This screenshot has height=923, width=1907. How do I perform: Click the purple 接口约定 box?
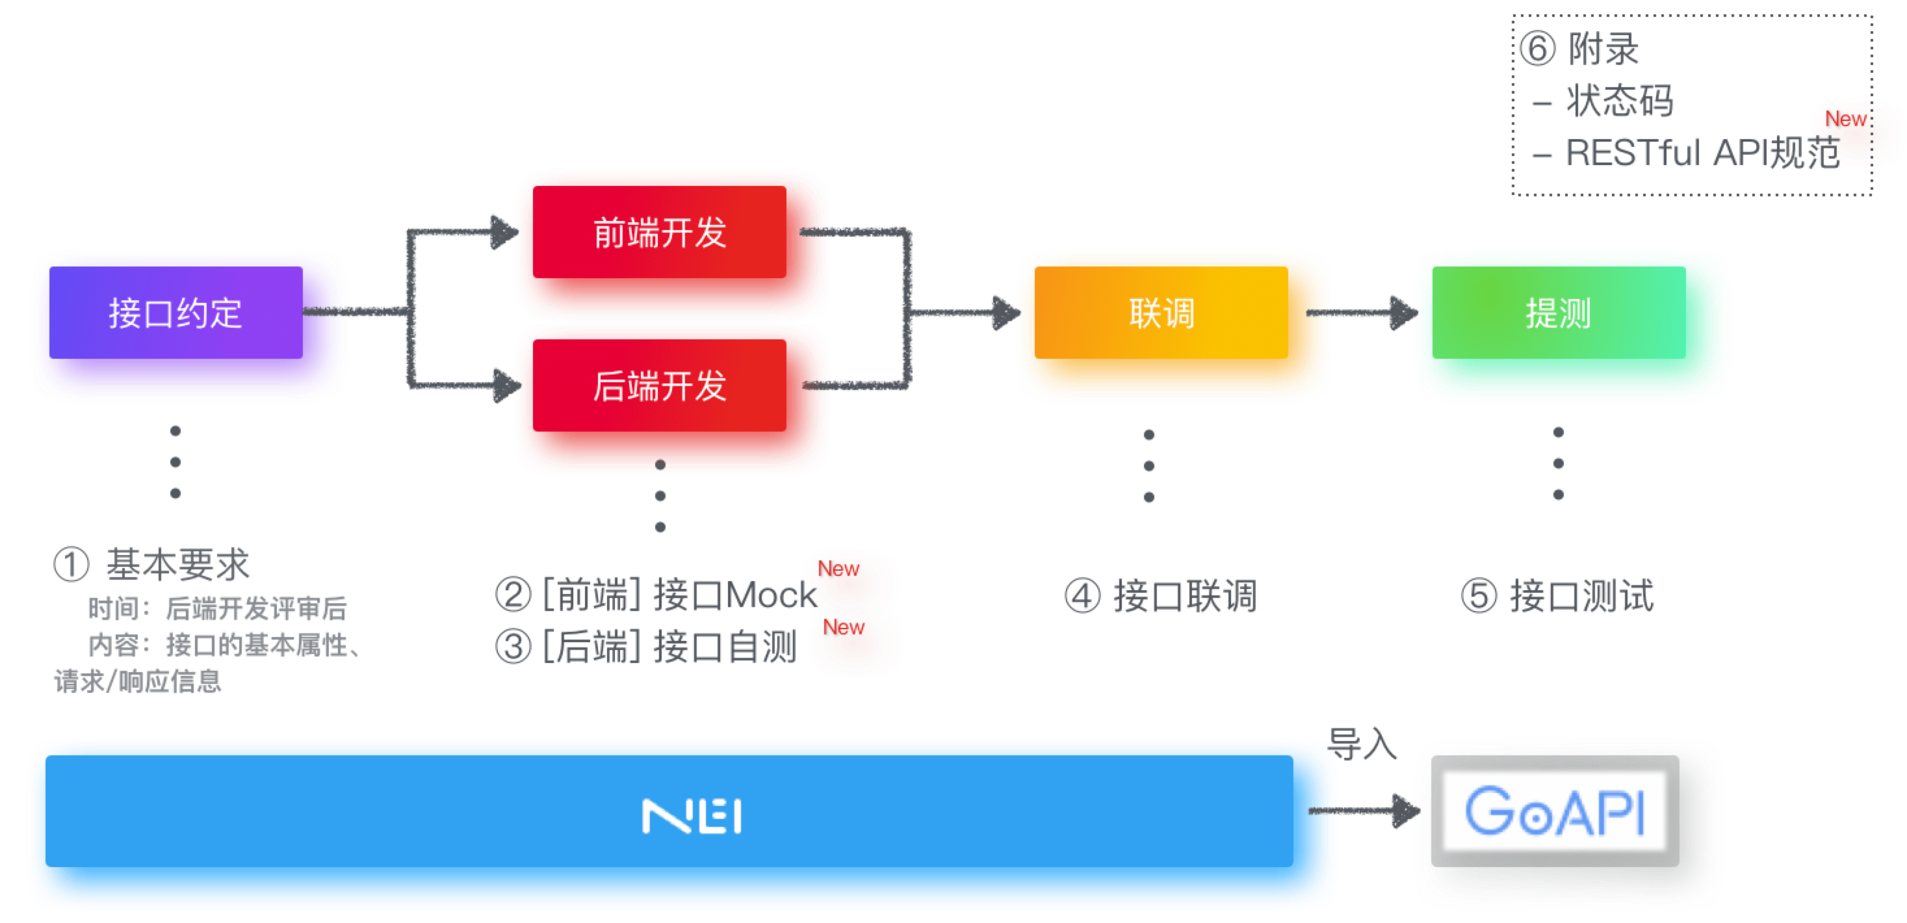188,326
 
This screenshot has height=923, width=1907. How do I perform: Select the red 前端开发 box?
672,244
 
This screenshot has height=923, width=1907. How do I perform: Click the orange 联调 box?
1173,326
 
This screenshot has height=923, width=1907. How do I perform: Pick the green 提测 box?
1571,326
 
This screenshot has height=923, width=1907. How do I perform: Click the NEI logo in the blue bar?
692,816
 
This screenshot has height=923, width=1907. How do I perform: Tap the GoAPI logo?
1555,812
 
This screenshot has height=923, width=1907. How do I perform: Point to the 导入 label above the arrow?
1362,743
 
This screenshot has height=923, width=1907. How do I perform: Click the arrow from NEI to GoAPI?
1362,811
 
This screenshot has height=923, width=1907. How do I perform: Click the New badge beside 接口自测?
855,641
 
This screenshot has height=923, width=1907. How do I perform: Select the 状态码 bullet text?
1619,101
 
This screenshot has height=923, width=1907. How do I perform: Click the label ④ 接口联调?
1161,597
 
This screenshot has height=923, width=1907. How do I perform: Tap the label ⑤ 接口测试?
1557,597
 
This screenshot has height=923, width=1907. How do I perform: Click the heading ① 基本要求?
151,565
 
